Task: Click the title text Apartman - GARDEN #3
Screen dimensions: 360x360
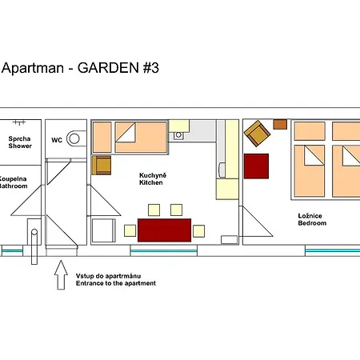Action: (x=80, y=68)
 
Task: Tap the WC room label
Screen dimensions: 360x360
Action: (x=57, y=140)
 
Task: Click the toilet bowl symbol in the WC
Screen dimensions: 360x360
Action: (x=76, y=138)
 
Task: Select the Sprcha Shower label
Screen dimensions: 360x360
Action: (x=20, y=142)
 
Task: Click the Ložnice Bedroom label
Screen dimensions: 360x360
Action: (x=312, y=219)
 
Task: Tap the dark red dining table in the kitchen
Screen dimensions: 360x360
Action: (x=164, y=230)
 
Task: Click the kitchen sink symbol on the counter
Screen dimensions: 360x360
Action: (x=178, y=135)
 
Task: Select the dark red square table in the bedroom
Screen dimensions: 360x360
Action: (x=256, y=166)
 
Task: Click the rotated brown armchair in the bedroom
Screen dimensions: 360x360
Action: (x=257, y=134)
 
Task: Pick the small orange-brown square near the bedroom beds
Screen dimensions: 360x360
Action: (x=280, y=125)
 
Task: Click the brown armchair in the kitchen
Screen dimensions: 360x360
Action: (x=102, y=166)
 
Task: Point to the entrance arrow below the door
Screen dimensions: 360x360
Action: (x=61, y=275)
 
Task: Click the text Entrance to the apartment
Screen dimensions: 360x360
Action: (x=116, y=283)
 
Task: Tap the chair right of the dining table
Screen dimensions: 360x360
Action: (x=198, y=231)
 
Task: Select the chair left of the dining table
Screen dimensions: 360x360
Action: (x=130, y=231)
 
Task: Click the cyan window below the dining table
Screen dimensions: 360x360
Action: (x=164, y=251)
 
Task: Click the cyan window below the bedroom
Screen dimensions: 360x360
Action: (x=333, y=250)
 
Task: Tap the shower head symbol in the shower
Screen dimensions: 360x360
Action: (x=19, y=122)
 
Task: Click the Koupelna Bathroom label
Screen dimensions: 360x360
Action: (x=13, y=182)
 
